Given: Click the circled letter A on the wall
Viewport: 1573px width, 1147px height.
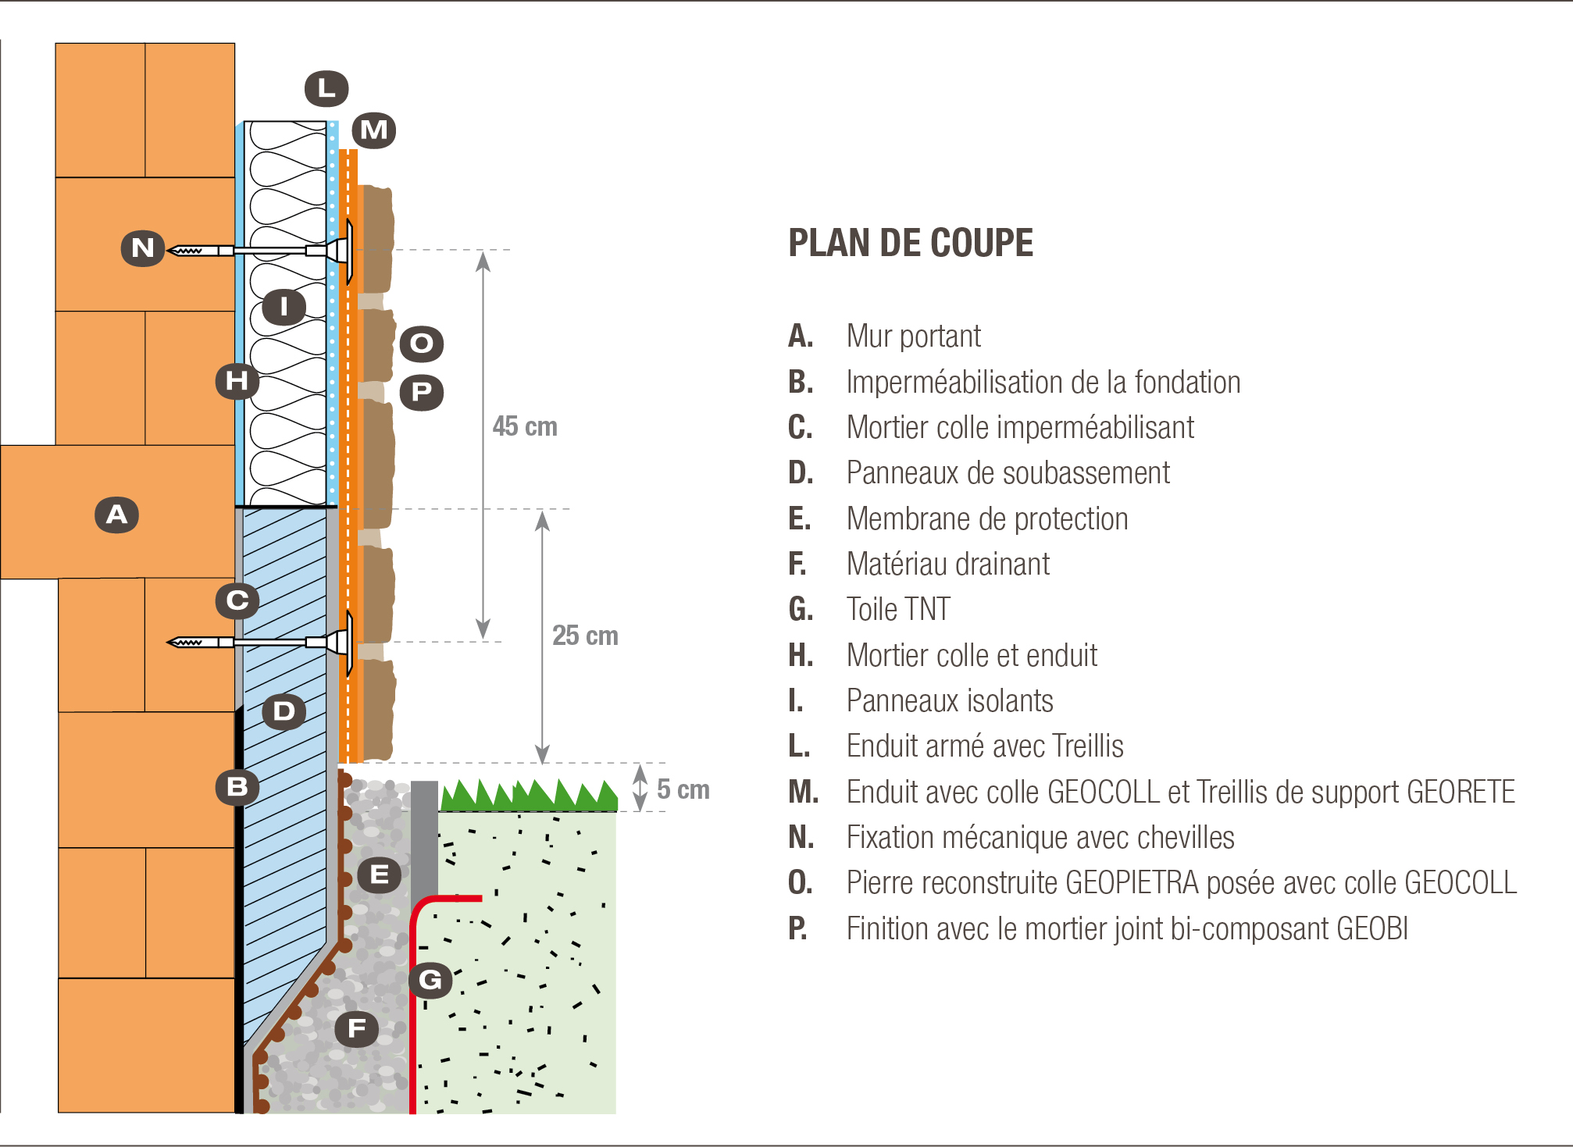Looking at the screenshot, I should pos(117,515).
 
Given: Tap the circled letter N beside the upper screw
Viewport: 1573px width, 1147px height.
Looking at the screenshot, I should pos(143,248).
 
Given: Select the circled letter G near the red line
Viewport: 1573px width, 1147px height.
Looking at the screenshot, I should pos(430,980).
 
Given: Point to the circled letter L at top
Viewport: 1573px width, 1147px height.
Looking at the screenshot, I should pos(326,88).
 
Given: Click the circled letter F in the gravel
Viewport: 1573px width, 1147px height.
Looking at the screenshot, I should pos(357,1028).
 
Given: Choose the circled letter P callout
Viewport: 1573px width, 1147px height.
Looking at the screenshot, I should pos(422,392).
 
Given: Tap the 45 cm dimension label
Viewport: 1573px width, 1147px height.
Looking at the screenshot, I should pos(525,426).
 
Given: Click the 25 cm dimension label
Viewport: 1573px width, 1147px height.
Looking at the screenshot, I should pos(585,636).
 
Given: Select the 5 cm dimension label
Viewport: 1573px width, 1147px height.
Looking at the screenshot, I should pos(683,789).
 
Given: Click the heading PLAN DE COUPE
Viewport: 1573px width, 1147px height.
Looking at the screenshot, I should pos(911,243).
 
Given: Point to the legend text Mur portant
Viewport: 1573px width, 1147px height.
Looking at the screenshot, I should pos(914,337).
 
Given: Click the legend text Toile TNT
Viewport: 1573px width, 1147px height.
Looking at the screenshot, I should pos(898,609).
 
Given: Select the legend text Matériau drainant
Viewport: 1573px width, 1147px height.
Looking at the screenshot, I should pos(948,564).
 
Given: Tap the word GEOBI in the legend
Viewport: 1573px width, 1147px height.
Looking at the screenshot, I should pos(1372,928).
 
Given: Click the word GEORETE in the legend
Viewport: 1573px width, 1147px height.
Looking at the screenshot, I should pos(1461,792).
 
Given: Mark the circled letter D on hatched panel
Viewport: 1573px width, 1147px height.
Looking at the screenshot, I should pos(284,711).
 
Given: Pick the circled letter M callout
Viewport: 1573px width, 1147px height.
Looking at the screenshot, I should pos(374,130).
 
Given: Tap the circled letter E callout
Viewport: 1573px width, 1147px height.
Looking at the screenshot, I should pos(380,874).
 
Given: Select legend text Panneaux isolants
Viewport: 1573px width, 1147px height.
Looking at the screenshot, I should pos(950,700).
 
